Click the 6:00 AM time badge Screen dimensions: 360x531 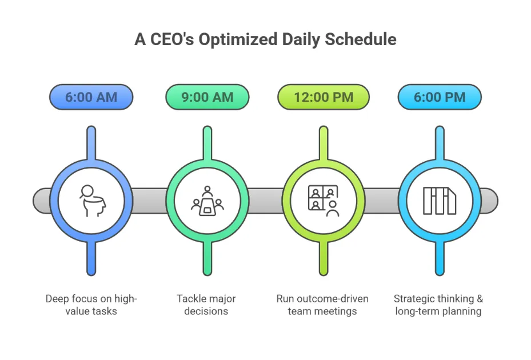point(91,97)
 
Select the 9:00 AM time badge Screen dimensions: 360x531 point(207,97)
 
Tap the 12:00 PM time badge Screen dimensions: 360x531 point(324,97)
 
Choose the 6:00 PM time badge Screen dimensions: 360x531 point(440,97)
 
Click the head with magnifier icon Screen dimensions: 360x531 point(91,201)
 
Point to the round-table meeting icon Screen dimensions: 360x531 point(207,201)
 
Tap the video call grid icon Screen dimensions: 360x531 point(324,201)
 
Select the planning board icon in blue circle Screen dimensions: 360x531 point(440,201)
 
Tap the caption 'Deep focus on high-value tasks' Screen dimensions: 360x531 point(91,305)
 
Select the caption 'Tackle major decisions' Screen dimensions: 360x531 point(206,305)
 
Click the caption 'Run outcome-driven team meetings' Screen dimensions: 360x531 point(322,305)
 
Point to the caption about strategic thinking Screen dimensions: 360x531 point(438,305)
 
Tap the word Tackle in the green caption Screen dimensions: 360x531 point(191,299)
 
